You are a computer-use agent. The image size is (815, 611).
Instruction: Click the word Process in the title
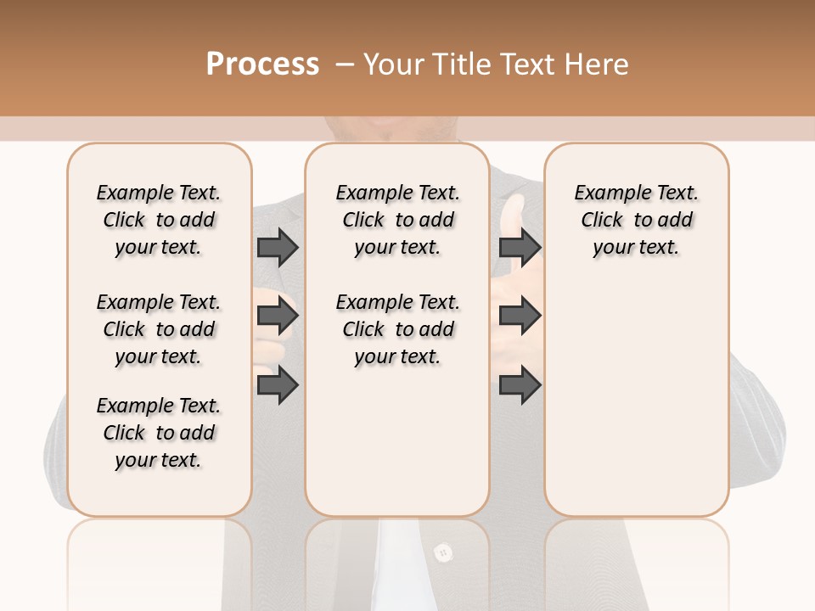tap(262, 64)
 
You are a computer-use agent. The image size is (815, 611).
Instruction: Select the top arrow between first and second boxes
tap(278, 248)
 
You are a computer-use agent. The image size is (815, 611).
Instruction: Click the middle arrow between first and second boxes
tap(278, 317)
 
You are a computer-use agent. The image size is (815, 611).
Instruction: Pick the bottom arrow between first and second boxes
tap(278, 384)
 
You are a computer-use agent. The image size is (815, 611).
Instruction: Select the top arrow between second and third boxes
tap(520, 248)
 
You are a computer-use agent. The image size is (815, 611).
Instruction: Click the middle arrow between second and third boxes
tap(520, 317)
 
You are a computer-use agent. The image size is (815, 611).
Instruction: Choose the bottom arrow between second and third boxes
tap(520, 384)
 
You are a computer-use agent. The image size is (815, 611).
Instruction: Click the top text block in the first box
tap(159, 220)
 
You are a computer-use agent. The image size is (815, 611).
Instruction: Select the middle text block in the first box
tap(159, 329)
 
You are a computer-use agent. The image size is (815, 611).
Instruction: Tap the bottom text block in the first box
tap(159, 433)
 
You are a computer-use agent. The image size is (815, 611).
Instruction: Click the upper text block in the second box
tap(397, 220)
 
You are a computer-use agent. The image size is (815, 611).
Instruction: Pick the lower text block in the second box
tap(397, 329)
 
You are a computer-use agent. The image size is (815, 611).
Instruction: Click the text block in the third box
tap(636, 220)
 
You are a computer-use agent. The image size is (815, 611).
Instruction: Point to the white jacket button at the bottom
tap(441, 553)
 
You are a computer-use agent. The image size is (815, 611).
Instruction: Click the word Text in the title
tap(529, 64)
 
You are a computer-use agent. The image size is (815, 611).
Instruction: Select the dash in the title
tap(345, 64)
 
